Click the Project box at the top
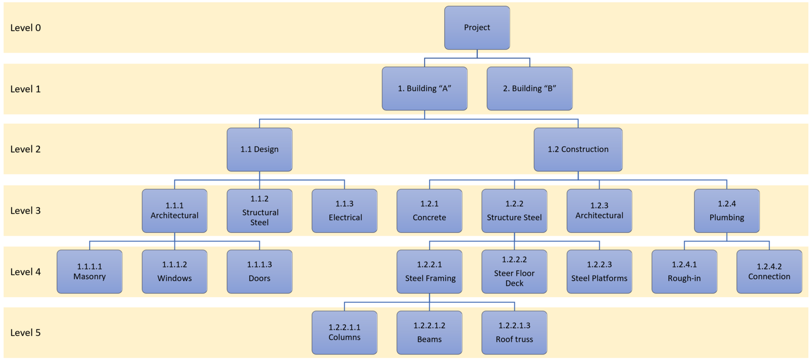(477, 28)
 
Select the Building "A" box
(425, 88)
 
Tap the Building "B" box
(530, 88)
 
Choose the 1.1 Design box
(259, 149)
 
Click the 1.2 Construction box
(578, 149)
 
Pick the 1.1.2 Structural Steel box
(259, 211)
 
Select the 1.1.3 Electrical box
(344, 211)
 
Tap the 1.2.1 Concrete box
(429, 211)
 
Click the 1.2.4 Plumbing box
(727, 211)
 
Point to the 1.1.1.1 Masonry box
(90, 272)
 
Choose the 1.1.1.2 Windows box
(174, 272)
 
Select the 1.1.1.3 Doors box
(259, 272)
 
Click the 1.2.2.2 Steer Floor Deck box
(514, 272)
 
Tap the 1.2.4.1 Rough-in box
(684, 272)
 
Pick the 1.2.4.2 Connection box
(769, 272)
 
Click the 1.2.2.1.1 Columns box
(344, 332)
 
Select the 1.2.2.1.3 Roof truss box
(514, 332)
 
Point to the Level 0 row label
(26, 28)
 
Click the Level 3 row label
(26, 211)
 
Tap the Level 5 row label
(26, 333)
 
